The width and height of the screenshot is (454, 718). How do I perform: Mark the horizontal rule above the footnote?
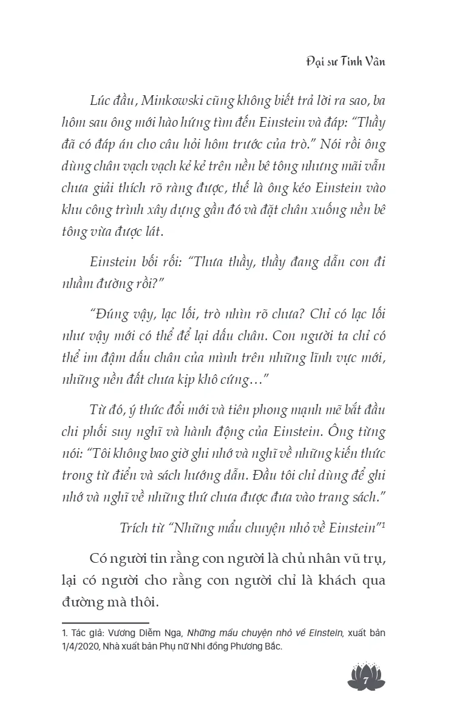pyautogui.click(x=106, y=622)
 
